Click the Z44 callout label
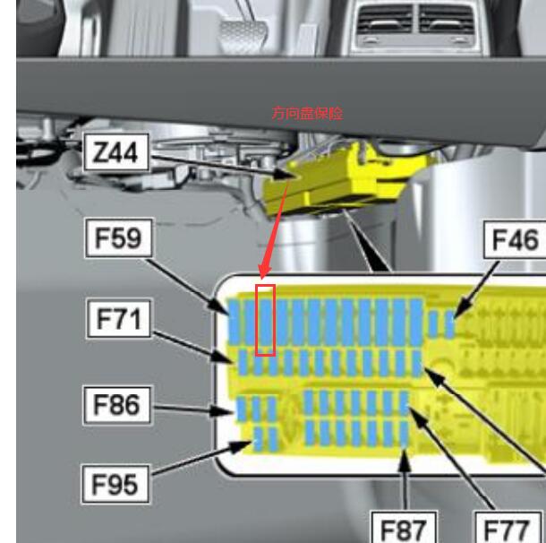tap(116, 152)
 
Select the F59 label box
tap(119, 238)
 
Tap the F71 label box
tap(119, 319)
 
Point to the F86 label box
tap(117, 405)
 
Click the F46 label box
tap(516, 239)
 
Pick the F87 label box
tap(403, 527)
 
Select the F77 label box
tap(508, 527)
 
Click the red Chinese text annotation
tap(308, 113)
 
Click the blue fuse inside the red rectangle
tap(266, 322)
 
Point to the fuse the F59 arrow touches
tap(234, 323)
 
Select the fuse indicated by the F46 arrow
tap(449, 324)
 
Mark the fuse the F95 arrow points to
tap(258, 438)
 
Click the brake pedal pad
tap(243, 35)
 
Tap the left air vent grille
tap(385, 20)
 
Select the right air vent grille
tap(447, 20)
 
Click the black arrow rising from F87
tap(404, 480)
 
